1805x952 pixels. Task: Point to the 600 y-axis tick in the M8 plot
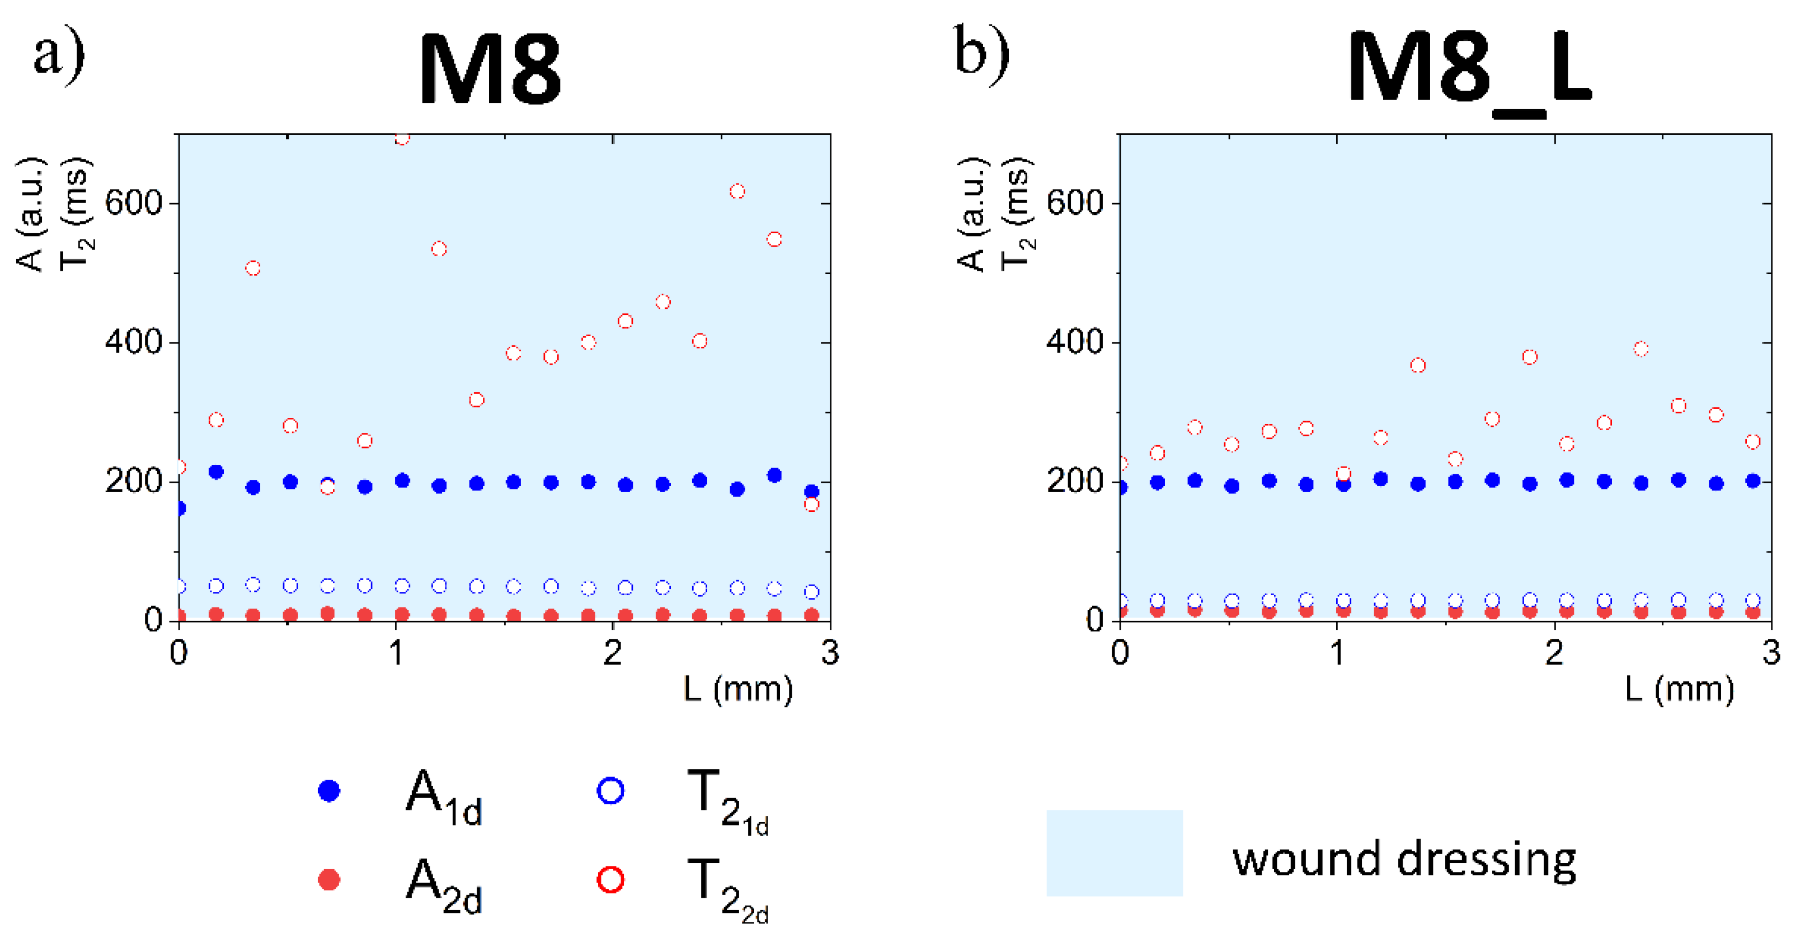(x=133, y=203)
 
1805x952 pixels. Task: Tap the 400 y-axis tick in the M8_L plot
(x=1075, y=342)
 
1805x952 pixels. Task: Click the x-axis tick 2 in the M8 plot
(x=613, y=653)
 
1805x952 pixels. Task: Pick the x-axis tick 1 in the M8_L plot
(x=1337, y=653)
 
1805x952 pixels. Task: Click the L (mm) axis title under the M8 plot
(x=738, y=690)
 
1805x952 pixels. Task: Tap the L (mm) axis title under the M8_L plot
(x=1680, y=690)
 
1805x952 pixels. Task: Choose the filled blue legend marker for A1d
(x=328, y=791)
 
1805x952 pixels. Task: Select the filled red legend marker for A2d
(x=328, y=880)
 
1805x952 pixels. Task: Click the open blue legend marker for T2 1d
(x=610, y=791)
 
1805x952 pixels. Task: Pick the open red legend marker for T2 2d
(x=610, y=880)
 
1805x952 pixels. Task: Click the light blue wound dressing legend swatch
(x=1114, y=853)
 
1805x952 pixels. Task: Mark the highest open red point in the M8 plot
(x=402, y=138)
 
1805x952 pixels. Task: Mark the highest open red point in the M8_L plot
(x=1641, y=349)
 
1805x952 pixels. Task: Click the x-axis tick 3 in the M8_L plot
(x=1771, y=653)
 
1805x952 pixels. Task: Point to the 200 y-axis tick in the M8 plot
(x=133, y=482)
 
